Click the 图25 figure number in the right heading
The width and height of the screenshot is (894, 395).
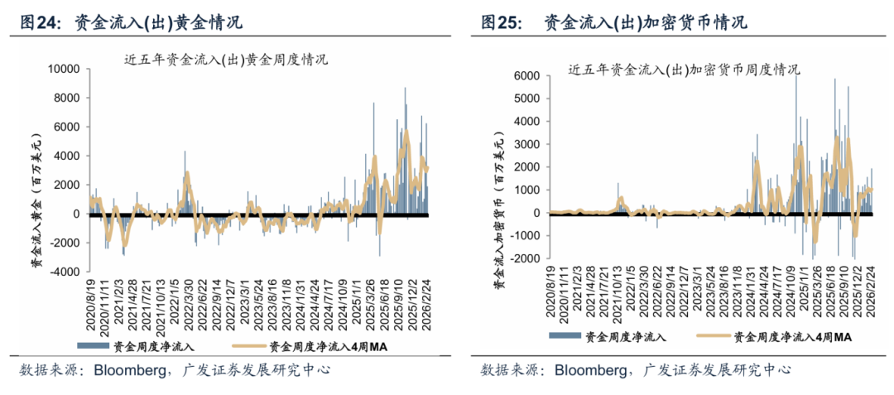click(x=502, y=23)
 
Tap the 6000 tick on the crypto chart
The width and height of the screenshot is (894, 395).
click(x=526, y=75)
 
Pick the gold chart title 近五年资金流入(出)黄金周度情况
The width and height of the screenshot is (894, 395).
click(x=225, y=59)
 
